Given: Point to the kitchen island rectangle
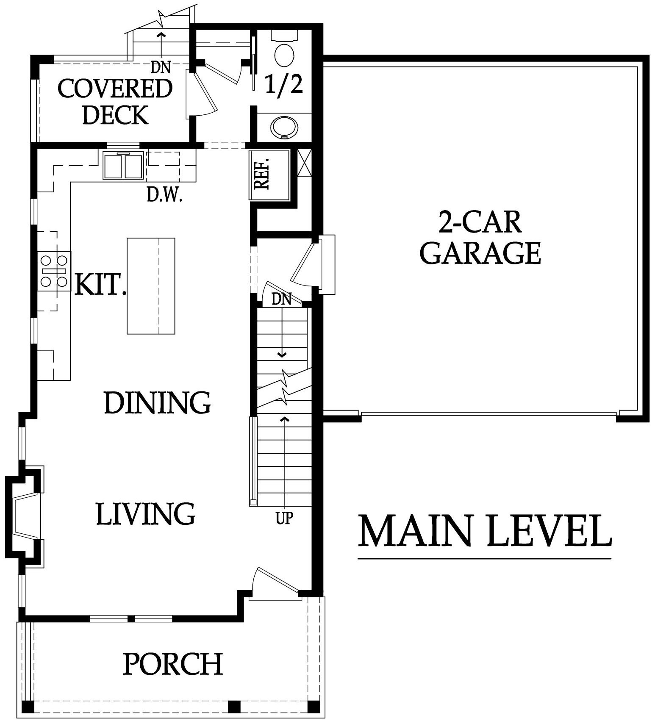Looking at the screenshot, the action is click(x=151, y=286).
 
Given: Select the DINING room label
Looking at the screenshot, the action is click(x=157, y=402).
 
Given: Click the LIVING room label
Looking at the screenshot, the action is click(x=146, y=513).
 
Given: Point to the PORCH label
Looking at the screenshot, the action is click(x=173, y=663).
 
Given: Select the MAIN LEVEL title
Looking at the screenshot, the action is click(x=485, y=530).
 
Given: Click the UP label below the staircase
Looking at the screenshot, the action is click(x=284, y=518).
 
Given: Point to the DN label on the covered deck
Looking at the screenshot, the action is click(x=161, y=67).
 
